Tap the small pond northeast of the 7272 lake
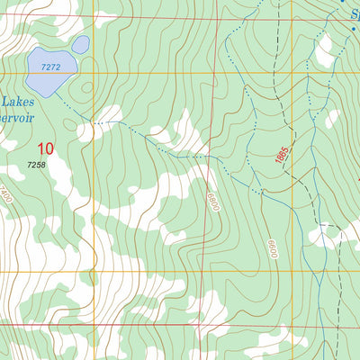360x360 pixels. (80, 44)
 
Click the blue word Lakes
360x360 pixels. (19, 103)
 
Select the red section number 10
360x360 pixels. (45, 148)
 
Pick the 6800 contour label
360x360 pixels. (213, 199)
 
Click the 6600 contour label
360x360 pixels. (270, 249)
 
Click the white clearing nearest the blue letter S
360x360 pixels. (323, 52)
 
